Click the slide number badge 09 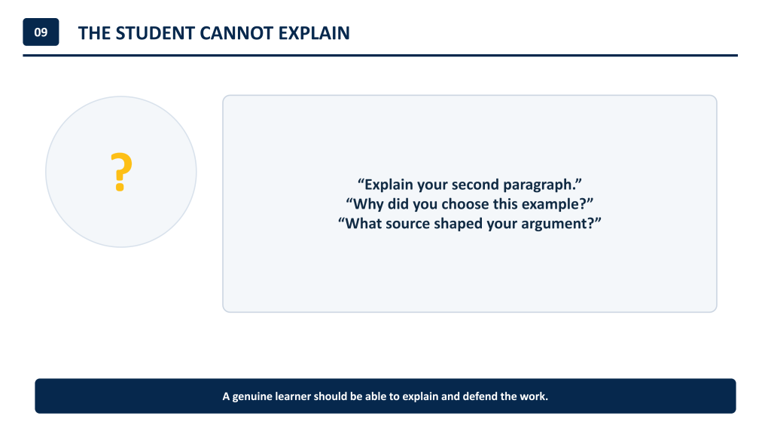point(41,32)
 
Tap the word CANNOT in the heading point(236,33)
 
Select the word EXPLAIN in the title point(314,33)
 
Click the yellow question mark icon point(121,172)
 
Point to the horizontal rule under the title point(380,56)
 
